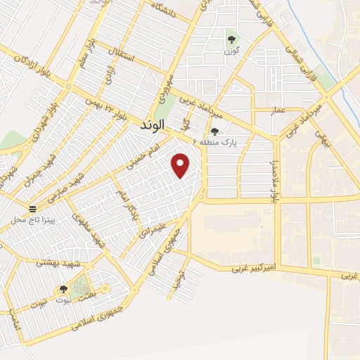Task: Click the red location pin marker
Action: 181,166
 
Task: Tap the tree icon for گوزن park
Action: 231,39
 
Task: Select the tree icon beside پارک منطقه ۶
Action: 214,131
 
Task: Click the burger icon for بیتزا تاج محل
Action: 32,209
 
